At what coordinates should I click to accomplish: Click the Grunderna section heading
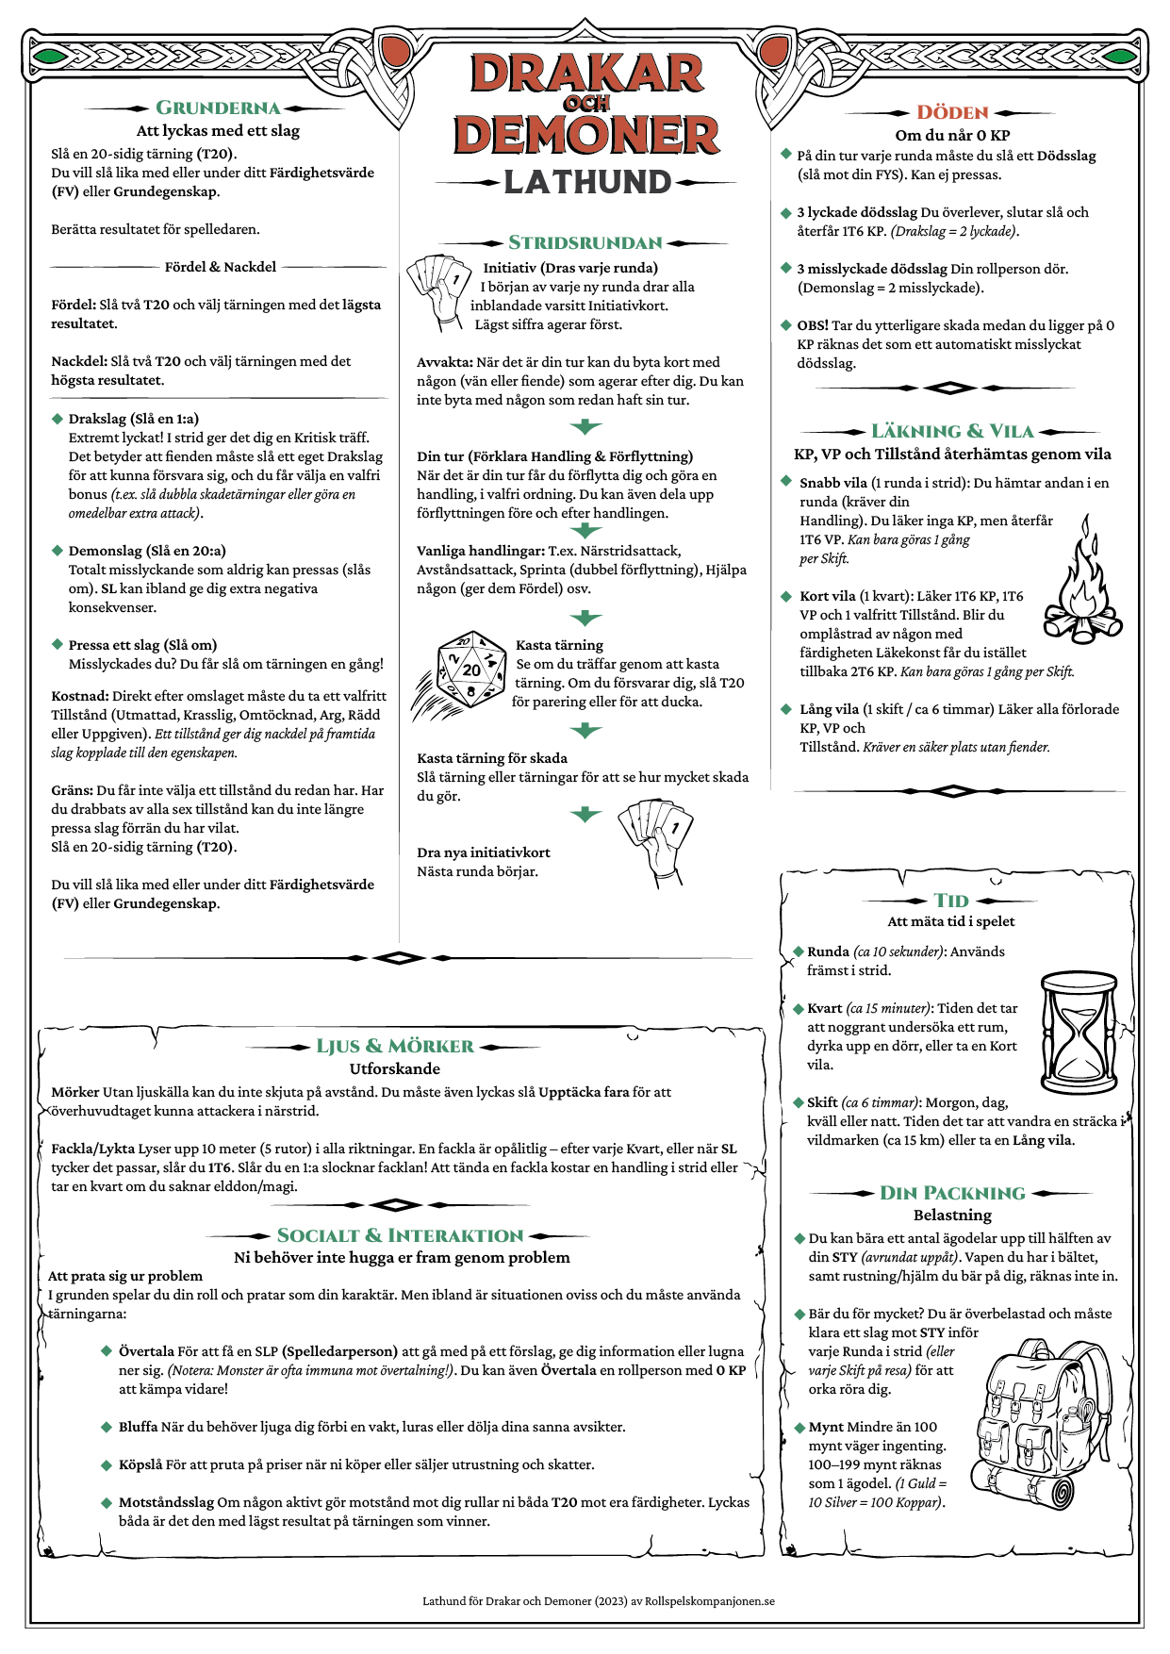pos(218,108)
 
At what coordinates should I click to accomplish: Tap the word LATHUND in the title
pos(586,182)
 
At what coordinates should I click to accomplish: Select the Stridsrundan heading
pos(585,243)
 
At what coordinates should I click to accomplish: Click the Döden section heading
pos(952,113)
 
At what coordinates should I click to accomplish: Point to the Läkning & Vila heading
pos(952,432)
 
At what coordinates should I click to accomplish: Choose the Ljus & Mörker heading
pos(395,1047)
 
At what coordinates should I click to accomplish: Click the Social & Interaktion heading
pos(400,1236)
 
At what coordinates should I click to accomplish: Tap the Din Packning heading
pos(952,1194)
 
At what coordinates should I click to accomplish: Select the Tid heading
pos(951,901)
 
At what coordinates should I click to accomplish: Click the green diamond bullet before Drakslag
pos(58,419)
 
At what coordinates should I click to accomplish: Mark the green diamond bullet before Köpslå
pos(107,1464)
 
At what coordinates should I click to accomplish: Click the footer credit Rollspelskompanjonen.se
pos(709,1600)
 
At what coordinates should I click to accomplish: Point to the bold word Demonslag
pos(106,551)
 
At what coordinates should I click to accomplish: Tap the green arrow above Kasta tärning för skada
pos(585,731)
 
